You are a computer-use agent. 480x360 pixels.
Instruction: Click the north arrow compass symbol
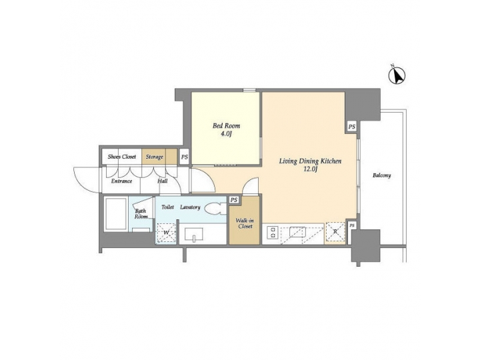click(x=397, y=76)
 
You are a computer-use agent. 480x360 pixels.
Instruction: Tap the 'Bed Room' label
click(x=226, y=125)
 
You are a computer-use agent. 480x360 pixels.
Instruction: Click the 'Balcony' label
click(x=381, y=175)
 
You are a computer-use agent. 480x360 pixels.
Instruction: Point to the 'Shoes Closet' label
click(x=122, y=157)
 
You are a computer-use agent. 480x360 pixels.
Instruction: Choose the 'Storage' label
click(x=155, y=157)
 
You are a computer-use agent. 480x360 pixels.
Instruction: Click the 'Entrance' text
click(x=121, y=181)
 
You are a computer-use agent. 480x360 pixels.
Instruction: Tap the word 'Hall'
click(x=162, y=181)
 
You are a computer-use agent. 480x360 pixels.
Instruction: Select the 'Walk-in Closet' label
click(x=243, y=221)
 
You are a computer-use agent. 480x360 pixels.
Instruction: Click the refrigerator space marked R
click(x=335, y=233)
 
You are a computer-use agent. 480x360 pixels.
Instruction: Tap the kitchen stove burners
click(x=273, y=233)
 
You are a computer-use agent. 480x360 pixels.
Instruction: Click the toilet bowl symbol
click(x=215, y=209)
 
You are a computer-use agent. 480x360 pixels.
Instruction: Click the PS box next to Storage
click(x=185, y=157)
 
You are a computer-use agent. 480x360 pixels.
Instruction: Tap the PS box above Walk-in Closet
click(x=234, y=200)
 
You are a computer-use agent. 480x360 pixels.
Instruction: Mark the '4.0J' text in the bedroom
click(x=226, y=134)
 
